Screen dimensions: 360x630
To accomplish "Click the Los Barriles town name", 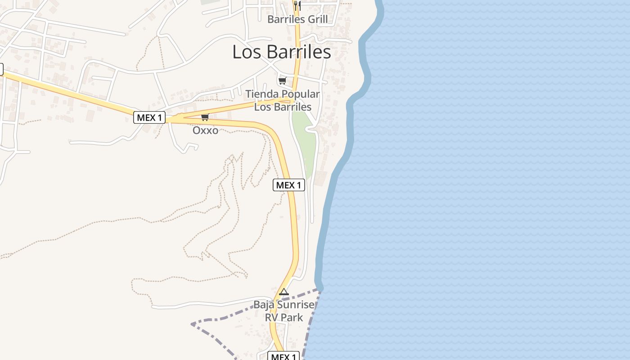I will tap(282, 52).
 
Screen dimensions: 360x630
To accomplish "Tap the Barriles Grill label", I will tap(297, 19).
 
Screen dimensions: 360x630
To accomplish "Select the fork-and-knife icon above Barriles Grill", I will tap(297, 5).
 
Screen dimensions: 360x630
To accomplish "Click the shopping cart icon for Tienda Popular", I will tap(282, 81).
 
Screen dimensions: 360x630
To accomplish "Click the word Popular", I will tap(301, 94).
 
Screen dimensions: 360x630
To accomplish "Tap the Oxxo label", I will tap(205, 130).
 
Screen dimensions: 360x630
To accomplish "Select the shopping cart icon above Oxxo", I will tap(205, 117).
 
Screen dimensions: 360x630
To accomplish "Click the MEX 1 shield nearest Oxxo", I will tap(149, 118).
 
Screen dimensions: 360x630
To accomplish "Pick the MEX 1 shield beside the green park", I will tap(289, 185).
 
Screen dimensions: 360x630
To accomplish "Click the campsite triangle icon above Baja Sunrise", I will tap(283, 292).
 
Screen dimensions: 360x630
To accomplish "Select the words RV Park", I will tap(283, 317).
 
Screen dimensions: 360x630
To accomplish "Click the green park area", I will tap(304, 139).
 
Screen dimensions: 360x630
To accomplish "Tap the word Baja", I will tap(264, 305).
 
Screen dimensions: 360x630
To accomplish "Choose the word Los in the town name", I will tap(245, 52).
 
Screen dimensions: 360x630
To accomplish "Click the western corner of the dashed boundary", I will tap(192, 324).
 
